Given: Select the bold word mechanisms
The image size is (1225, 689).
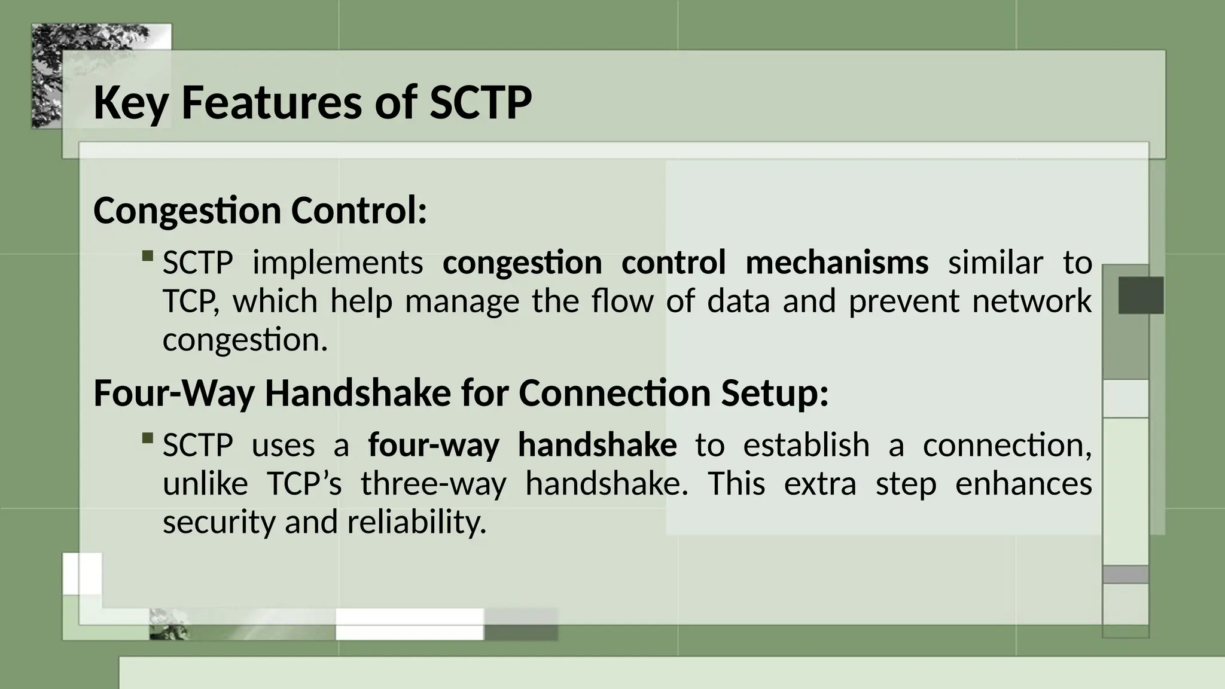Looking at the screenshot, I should pyautogui.click(x=837, y=263).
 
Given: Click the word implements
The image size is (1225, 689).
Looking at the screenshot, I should pyautogui.click(x=338, y=263).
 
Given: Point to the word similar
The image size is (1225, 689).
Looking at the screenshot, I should pyautogui.click(x=995, y=263).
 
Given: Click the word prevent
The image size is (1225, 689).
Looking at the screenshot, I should pyautogui.click(x=904, y=300).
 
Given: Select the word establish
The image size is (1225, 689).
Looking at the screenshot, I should pyautogui.click(x=806, y=445).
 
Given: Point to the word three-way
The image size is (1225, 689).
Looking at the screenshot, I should pyautogui.click(x=434, y=483).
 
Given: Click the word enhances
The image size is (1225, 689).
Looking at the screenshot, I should pyautogui.click(x=1023, y=483).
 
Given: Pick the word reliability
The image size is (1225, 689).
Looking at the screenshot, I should pyautogui.click(x=416, y=522).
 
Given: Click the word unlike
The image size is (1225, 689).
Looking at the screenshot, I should pyautogui.click(x=205, y=483).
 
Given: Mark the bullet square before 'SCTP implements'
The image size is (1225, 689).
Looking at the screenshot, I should pyautogui.click(x=148, y=256).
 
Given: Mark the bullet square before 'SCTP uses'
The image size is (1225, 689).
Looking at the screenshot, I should pyautogui.click(x=148, y=438).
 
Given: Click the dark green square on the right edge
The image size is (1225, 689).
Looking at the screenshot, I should pyautogui.click(x=1141, y=295).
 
